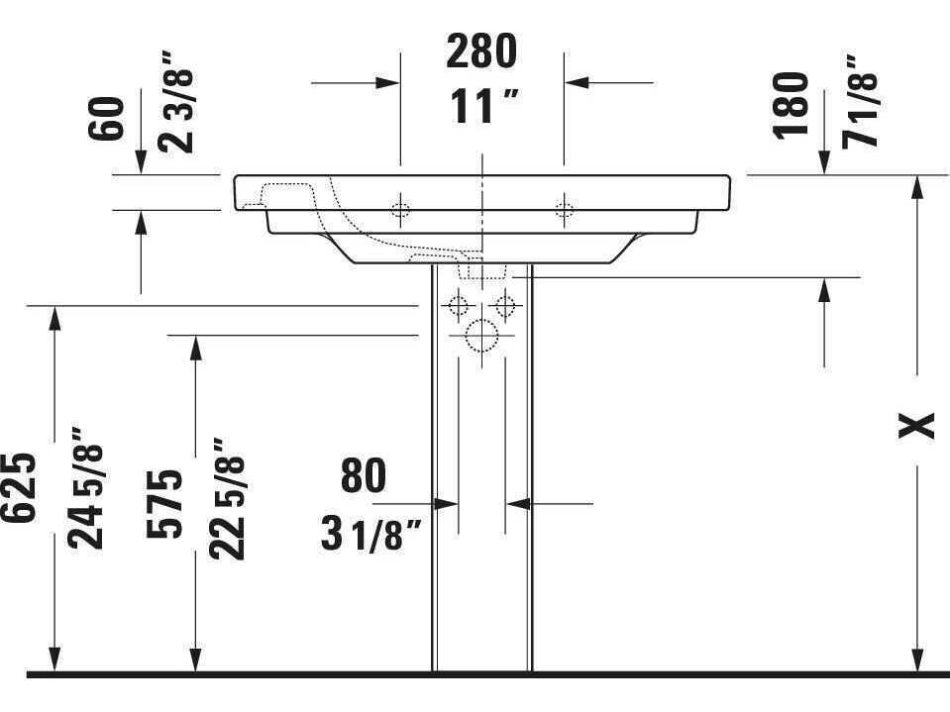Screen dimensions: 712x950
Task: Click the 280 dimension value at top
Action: coord(481,51)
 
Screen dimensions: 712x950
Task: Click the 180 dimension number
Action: coord(792,105)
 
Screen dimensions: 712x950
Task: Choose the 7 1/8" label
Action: coord(861,103)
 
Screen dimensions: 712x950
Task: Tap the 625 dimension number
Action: coord(21,488)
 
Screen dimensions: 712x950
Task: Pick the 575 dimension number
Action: coord(165,502)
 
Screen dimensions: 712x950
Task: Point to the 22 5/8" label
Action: coord(228,500)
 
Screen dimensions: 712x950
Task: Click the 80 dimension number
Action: coord(364,476)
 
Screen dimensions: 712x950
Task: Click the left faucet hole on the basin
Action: coord(400,209)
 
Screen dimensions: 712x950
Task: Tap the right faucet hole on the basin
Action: coord(564,209)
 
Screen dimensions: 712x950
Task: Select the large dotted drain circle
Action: coord(481,338)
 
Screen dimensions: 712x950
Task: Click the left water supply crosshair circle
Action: coord(458,305)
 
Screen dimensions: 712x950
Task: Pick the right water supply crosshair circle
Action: coord(506,305)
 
